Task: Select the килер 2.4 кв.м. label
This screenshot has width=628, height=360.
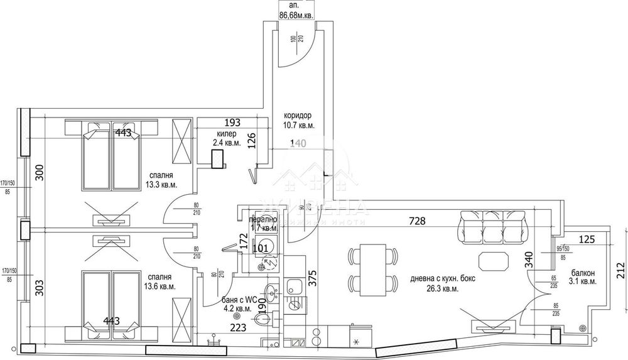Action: pos(226,138)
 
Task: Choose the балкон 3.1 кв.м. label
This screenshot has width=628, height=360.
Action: pos(583,278)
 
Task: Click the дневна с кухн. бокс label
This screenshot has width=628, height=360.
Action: pos(434,284)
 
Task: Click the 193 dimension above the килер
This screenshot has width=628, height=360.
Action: pos(233,123)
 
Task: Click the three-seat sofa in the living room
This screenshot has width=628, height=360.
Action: pos(492,226)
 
